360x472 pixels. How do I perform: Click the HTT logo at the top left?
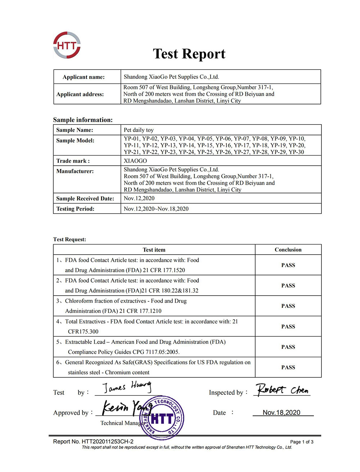tap(67, 45)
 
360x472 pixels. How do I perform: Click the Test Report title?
tap(189, 54)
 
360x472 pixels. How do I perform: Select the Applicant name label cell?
tap(84, 77)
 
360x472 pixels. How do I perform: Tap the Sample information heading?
tap(83, 120)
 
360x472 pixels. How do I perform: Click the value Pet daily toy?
tap(139, 130)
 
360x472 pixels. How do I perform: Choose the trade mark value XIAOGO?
tap(135, 161)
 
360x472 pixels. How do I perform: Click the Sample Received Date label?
tap(85, 198)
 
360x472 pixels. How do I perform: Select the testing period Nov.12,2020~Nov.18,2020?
tap(156, 209)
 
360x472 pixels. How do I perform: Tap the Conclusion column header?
tap(288, 250)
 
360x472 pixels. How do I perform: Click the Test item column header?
tap(154, 250)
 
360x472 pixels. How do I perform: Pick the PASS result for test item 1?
tap(288, 265)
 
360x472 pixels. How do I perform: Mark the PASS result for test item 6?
tap(288, 368)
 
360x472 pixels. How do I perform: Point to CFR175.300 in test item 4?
tap(83, 332)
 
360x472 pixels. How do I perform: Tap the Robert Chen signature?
tap(282, 390)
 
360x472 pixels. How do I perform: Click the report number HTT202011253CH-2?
tap(107, 442)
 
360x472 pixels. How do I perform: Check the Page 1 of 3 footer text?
tap(302, 442)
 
